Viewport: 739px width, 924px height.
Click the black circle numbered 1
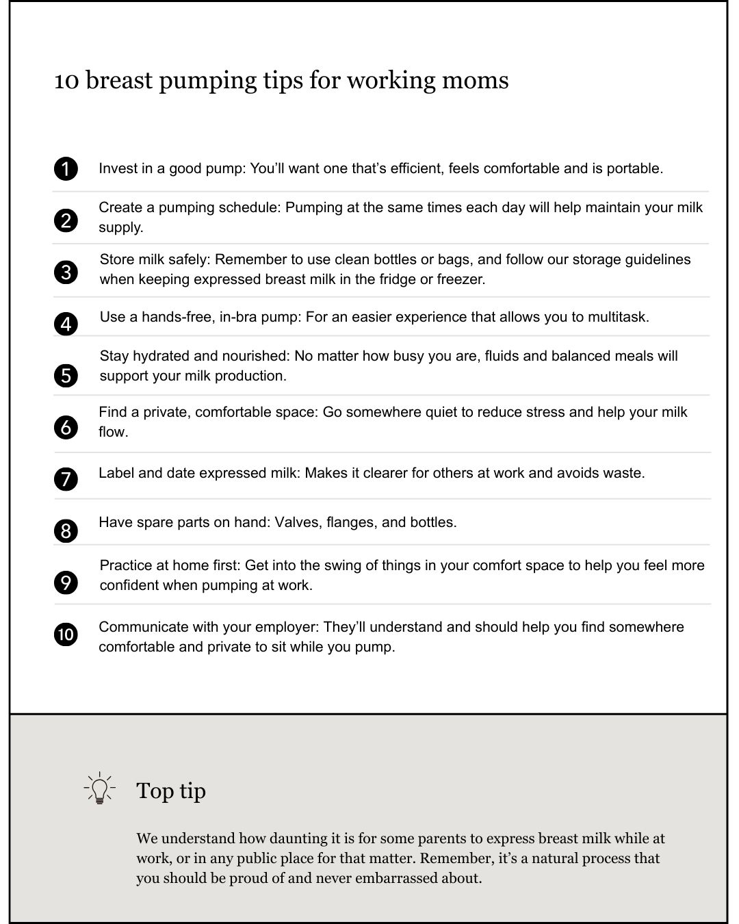66,168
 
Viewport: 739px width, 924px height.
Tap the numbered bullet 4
66,323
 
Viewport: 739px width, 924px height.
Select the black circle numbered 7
66,478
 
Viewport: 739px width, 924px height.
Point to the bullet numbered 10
66,634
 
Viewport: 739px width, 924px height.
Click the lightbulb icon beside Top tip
100,788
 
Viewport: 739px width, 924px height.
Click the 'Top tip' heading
171,791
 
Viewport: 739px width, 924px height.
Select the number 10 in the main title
66,81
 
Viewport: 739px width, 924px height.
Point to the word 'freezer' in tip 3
460,279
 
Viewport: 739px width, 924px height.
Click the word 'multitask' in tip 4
617,317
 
